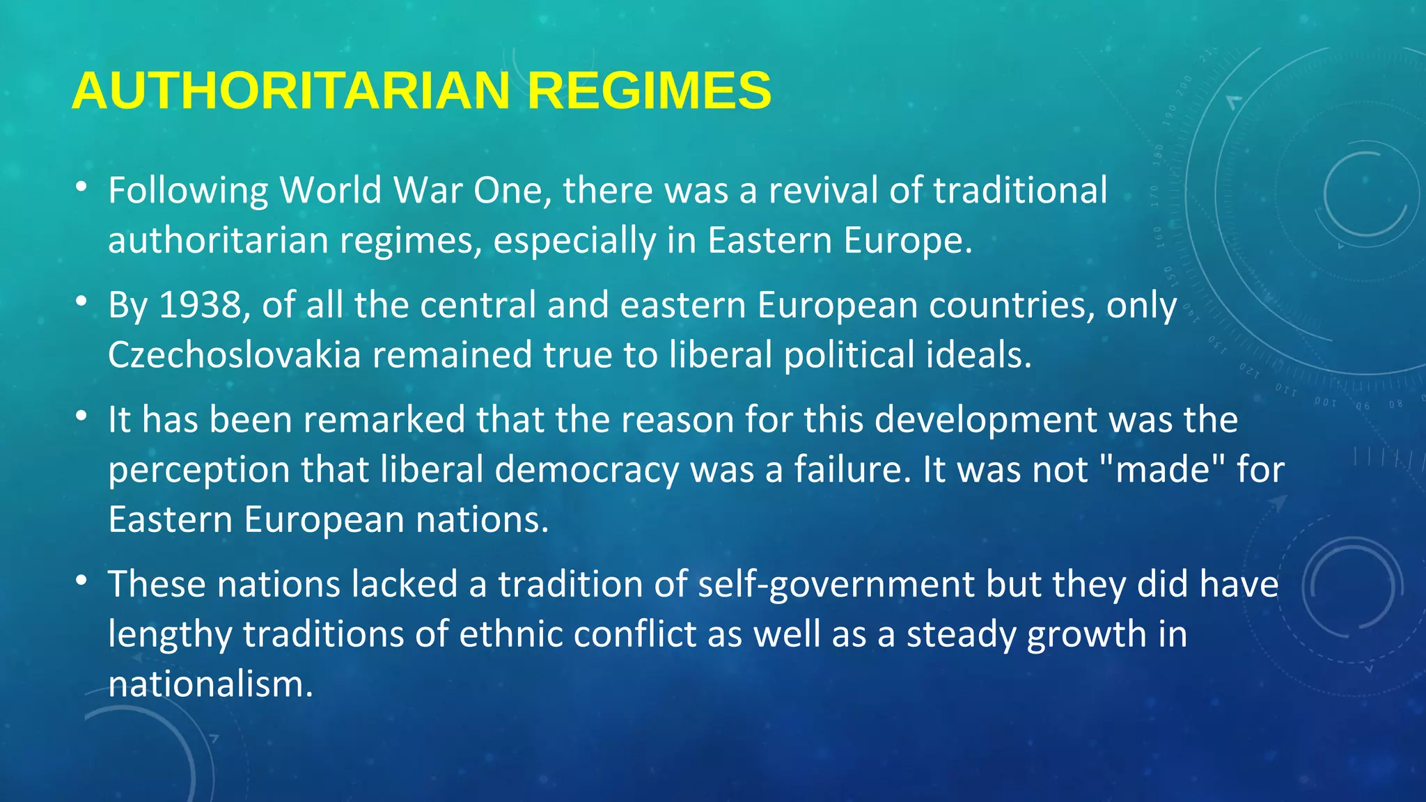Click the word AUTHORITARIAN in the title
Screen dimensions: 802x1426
click(x=291, y=91)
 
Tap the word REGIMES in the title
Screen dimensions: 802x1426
click(x=649, y=91)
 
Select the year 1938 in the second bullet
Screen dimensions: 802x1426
click(x=201, y=305)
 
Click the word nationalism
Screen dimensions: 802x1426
click(x=210, y=684)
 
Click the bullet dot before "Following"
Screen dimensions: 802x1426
click(x=81, y=187)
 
